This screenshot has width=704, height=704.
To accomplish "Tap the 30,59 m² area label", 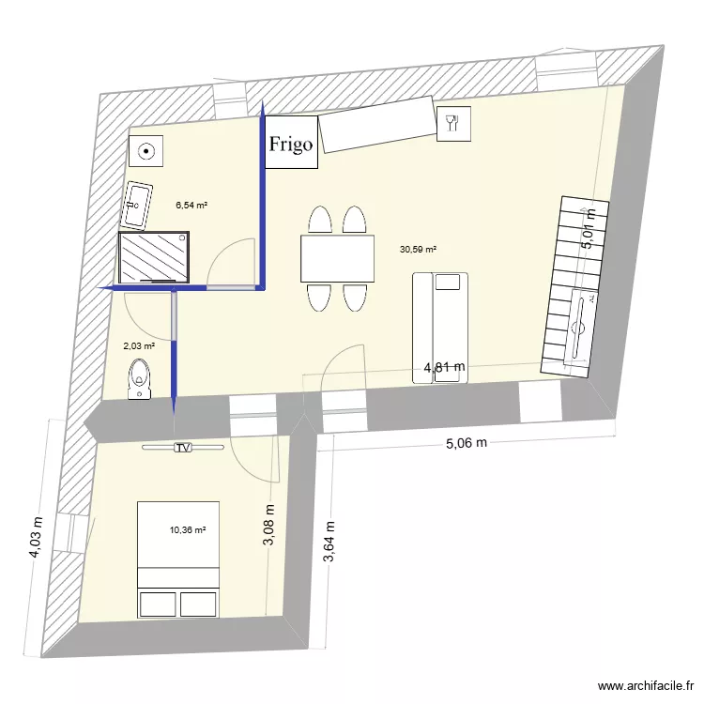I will (419, 250).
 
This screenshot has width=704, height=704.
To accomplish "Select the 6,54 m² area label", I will (191, 204).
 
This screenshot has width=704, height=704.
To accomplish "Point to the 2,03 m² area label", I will (139, 345).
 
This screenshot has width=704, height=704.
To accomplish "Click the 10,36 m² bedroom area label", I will (187, 530).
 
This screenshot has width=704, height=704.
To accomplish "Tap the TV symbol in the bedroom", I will (182, 449).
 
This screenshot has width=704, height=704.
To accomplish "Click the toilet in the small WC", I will (139, 378).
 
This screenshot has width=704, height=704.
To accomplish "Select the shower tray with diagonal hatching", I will (157, 258).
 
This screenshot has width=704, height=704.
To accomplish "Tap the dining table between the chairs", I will (338, 258).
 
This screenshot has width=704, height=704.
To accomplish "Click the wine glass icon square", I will (452, 123).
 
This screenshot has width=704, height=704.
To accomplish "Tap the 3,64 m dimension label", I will (329, 544).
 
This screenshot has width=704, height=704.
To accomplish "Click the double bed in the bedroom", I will (178, 559).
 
